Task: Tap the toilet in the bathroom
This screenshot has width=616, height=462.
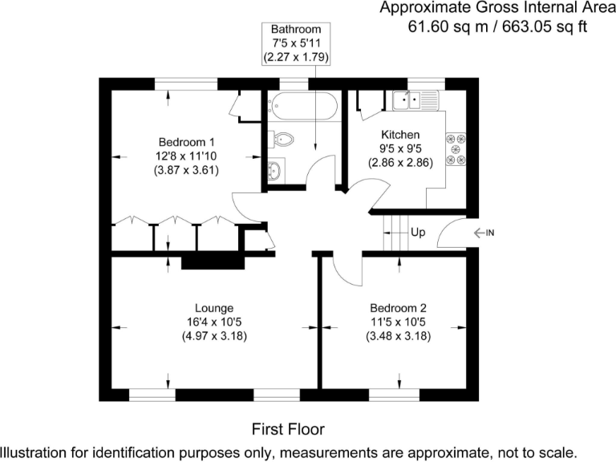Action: [x=282, y=140]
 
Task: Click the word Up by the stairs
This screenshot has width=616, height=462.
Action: [x=418, y=233]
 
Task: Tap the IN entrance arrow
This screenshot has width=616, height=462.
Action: [x=484, y=233]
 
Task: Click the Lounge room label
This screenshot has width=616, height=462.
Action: [x=214, y=307]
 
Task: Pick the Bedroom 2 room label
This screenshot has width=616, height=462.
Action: [x=398, y=307]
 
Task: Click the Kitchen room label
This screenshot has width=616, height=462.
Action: [x=400, y=134]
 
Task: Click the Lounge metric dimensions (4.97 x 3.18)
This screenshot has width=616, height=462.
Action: [x=214, y=336]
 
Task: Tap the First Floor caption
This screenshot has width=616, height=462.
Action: [x=289, y=428]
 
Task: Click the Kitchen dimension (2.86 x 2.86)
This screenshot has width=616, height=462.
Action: [x=400, y=162]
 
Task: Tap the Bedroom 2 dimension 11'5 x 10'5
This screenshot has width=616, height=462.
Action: [x=398, y=322]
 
